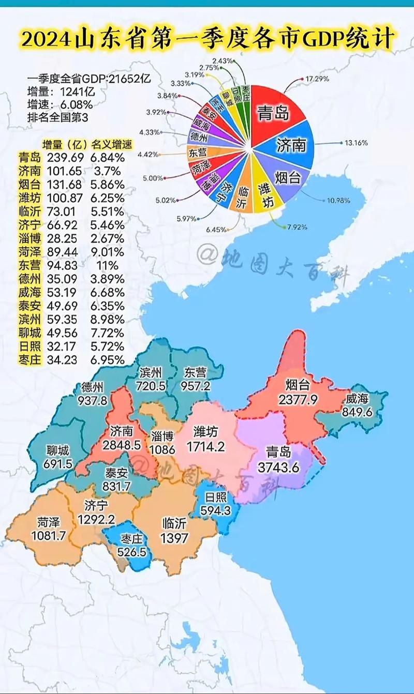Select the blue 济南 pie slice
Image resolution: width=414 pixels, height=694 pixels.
point(291,145)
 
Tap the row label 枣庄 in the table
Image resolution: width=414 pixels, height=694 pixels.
point(28,359)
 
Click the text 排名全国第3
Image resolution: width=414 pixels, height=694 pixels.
point(57,117)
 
